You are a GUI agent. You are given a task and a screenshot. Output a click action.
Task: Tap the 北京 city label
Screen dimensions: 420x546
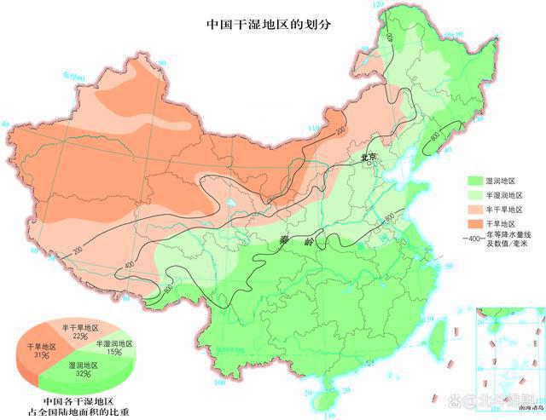369,158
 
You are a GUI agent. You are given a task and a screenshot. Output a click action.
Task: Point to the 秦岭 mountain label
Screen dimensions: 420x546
291,243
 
